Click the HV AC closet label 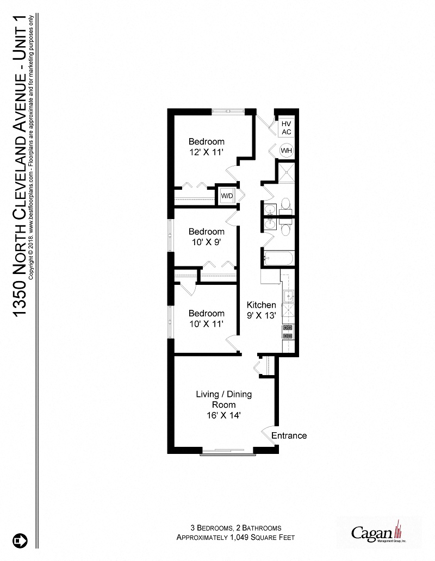(x=287, y=128)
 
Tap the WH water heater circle (x=287, y=151)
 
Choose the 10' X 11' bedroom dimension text (x=206, y=324)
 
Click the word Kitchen (x=262, y=304)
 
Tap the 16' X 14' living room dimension (x=223, y=415)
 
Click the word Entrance (x=289, y=435)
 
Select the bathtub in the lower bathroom (x=278, y=258)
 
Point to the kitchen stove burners (x=288, y=332)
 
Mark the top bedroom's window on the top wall (x=228, y=111)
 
